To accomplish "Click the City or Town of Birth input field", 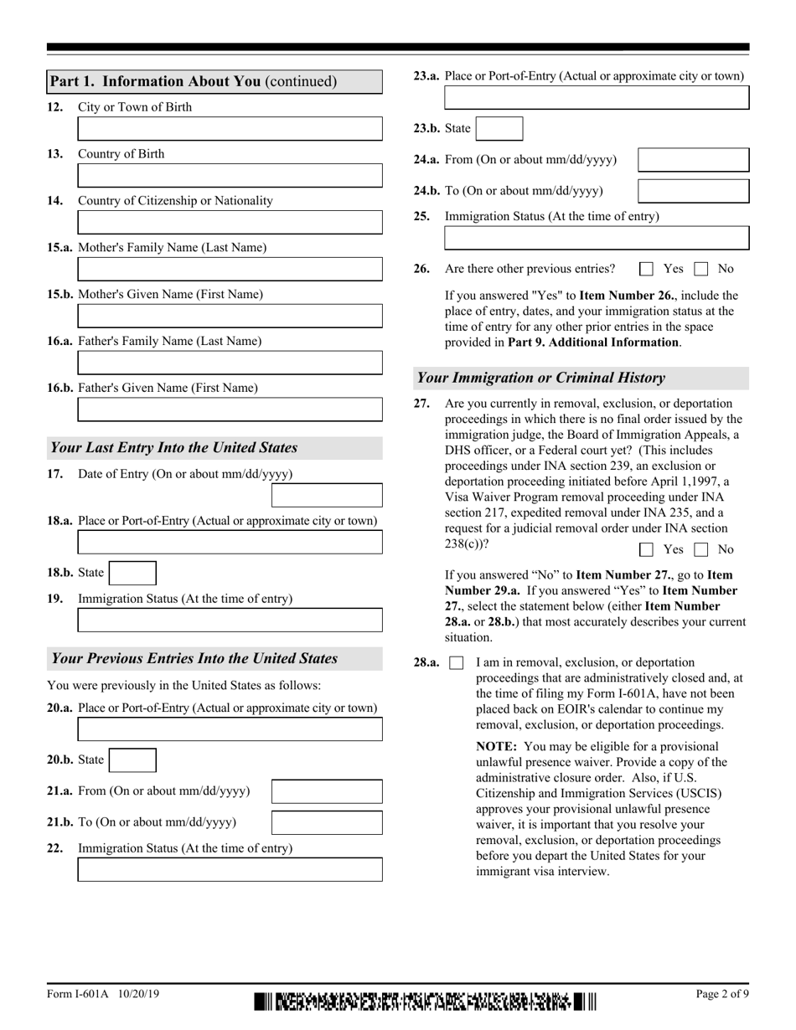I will tap(230, 129).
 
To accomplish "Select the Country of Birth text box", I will tap(230, 176).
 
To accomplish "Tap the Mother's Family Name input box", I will tap(230, 269).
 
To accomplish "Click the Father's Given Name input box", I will tap(230, 409).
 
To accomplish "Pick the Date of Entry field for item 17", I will tap(327, 496).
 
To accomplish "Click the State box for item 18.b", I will tap(132, 573).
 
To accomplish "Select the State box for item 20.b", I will tap(132, 760).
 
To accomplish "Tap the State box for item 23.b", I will tap(499, 128).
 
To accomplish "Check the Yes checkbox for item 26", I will tap(646, 269).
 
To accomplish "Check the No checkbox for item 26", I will tap(701, 269).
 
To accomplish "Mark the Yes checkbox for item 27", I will tap(646, 550).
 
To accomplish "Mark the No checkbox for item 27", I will tap(701, 550).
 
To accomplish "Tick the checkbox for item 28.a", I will tap(457, 663).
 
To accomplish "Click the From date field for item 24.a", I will tap(693, 160).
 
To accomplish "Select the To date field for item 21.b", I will tap(327, 822).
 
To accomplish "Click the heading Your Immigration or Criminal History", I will tap(541, 378).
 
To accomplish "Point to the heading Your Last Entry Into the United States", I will tap(174, 448).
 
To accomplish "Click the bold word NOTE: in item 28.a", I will tap(496, 746).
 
